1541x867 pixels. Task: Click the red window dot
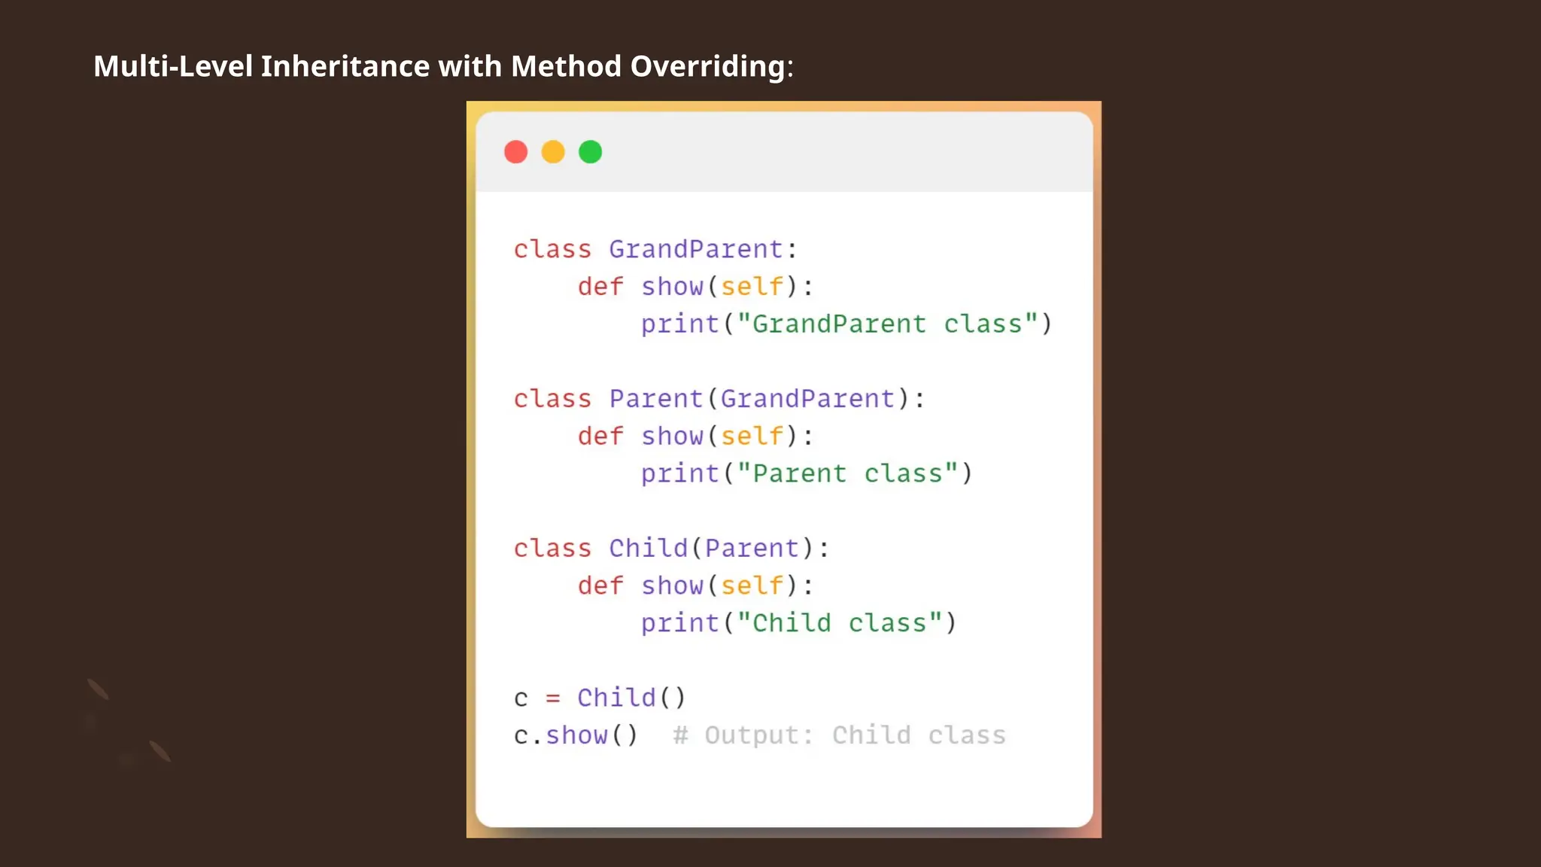pos(515,152)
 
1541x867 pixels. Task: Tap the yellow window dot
pos(553,152)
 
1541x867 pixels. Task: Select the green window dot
pos(591,152)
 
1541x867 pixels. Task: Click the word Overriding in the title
pos(710,66)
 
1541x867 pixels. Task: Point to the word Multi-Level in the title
pos(173,66)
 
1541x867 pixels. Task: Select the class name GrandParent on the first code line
pos(696,249)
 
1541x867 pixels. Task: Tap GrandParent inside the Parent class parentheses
pos(807,399)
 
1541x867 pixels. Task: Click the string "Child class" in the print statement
pos(840,623)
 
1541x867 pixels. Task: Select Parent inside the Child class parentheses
pos(752,548)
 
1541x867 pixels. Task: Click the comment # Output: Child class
pos(839,735)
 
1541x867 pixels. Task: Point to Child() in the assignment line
pos(631,698)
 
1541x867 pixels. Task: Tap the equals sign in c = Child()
pos(553,698)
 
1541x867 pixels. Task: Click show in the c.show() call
pos(576,735)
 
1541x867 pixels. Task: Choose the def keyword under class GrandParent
pos(600,287)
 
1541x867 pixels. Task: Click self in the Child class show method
pos(752,586)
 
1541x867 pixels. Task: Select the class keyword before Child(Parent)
pos(552,548)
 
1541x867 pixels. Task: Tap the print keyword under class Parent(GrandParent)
pos(680,473)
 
